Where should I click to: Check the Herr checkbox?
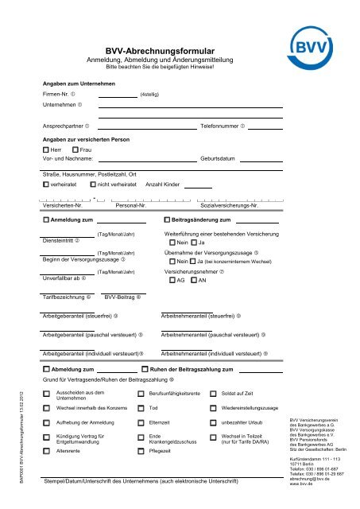click(x=46, y=150)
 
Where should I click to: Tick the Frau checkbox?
click(x=75, y=150)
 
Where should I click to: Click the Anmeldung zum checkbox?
click(x=46, y=219)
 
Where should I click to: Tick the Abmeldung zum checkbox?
click(x=46, y=370)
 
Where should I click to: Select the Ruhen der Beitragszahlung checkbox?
click(x=144, y=370)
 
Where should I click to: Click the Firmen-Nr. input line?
click(x=118, y=94)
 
